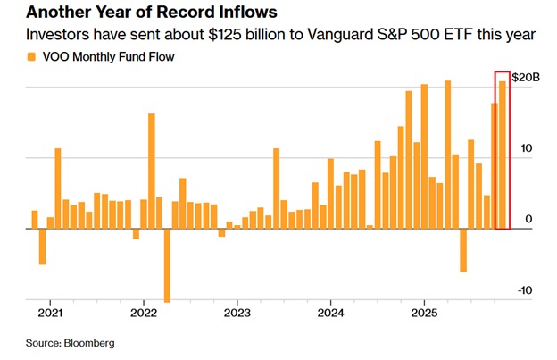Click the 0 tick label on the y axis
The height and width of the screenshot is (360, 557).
pyautogui.click(x=529, y=219)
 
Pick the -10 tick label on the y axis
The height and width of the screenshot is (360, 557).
pyautogui.click(x=526, y=290)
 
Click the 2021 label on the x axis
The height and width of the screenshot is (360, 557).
pyautogui.click(x=50, y=314)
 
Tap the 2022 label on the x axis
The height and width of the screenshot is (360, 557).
pyautogui.click(x=144, y=314)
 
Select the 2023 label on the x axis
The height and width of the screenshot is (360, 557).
pyautogui.click(x=237, y=314)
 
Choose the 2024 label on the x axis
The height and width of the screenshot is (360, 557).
pyautogui.click(x=330, y=314)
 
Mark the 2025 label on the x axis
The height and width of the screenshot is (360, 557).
pyautogui.click(x=423, y=314)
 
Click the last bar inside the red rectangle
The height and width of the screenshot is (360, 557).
pyautogui.click(x=503, y=155)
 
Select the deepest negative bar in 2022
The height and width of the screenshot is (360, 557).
pyautogui.click(x=167, y=265)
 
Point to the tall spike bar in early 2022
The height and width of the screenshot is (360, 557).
pyautogui.click(x=152, y=171)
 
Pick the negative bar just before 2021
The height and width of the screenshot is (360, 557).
pyautogui.click(x=42, y=247)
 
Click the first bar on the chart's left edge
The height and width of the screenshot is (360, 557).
pyautogui.click(x=35, y=220)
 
